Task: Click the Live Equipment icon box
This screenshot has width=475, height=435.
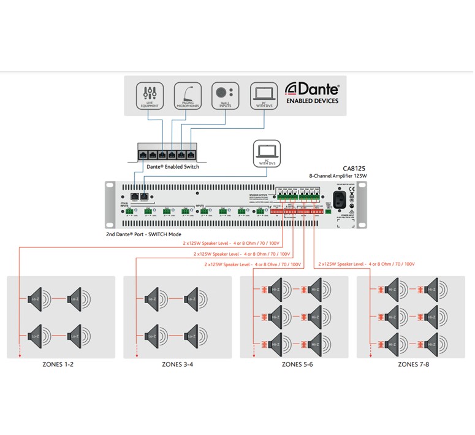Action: tap(150, 96)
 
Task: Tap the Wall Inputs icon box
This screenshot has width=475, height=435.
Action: tap(224, 96)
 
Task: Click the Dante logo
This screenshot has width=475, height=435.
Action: tap(313, 90)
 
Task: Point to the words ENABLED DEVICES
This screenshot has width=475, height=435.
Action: tap(313, 101)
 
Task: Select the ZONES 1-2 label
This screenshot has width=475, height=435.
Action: tap(61, 364)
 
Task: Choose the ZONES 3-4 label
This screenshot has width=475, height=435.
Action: tap(177, 364)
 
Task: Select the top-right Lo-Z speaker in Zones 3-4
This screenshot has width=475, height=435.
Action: tap(191, 298)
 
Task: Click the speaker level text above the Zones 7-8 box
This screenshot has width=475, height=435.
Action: tap(367, 264)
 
